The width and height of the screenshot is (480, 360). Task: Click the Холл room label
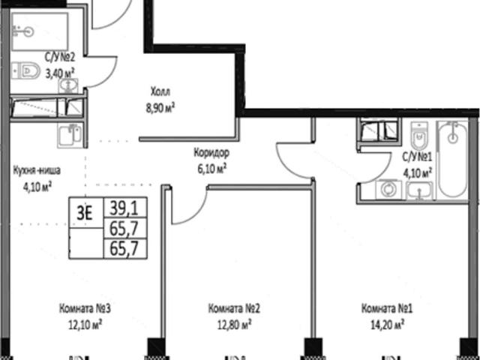[x=160, y=91]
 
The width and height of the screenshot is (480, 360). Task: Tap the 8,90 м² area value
[x=160, y=108]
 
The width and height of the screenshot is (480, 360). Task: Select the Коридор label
[x=211, y=152]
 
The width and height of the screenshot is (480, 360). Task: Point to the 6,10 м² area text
[x=211, y=169]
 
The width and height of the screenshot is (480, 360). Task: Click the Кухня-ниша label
[x=37, y=170]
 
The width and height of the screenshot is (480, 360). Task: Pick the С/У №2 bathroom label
[x=60, y=57]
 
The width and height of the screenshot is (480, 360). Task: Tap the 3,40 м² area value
[x=60, y=73]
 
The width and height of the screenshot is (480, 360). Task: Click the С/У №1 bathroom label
[x=417, y=157]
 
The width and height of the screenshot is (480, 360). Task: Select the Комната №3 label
[x=85, y=308]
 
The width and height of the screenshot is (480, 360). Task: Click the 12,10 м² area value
[x=85, y=325]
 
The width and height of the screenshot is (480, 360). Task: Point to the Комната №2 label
[x=234, y=308]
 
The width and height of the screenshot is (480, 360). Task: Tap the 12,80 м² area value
[x=235, y=325]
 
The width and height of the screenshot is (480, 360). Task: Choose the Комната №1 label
[x=387, y=308]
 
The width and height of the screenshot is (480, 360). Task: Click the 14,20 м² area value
[x=387, y=325]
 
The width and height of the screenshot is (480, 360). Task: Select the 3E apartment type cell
[x=86, y=212]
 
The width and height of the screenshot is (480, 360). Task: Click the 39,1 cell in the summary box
[x=125, y=208]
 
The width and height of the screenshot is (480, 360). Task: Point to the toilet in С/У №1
[x=419, y=136]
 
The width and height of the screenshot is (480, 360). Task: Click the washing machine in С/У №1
[x=388, y=190]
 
